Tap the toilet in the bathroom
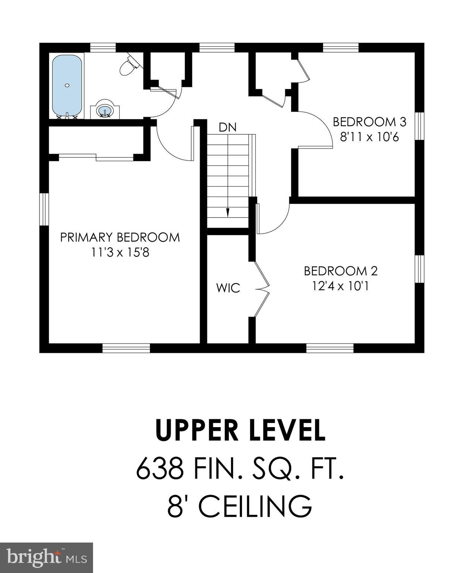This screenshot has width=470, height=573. (129, 66)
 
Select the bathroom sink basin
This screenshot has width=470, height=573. (104, 111)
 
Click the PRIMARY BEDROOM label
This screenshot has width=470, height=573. (120, 238)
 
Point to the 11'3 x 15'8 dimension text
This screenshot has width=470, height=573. (120, 253)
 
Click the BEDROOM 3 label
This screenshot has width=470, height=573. (369, 122)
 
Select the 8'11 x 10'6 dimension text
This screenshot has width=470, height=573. (369, 137)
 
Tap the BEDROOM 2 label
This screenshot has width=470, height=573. (341, 271)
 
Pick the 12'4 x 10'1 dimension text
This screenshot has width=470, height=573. (341, 286)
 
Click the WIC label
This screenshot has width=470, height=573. (228, 288)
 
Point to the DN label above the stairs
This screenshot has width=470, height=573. (227, 128)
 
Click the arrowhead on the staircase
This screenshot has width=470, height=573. (227, 213)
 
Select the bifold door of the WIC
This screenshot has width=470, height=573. (262, 289)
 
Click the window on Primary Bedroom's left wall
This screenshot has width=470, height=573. (44, 210)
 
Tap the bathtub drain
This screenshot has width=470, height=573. (67, 85)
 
